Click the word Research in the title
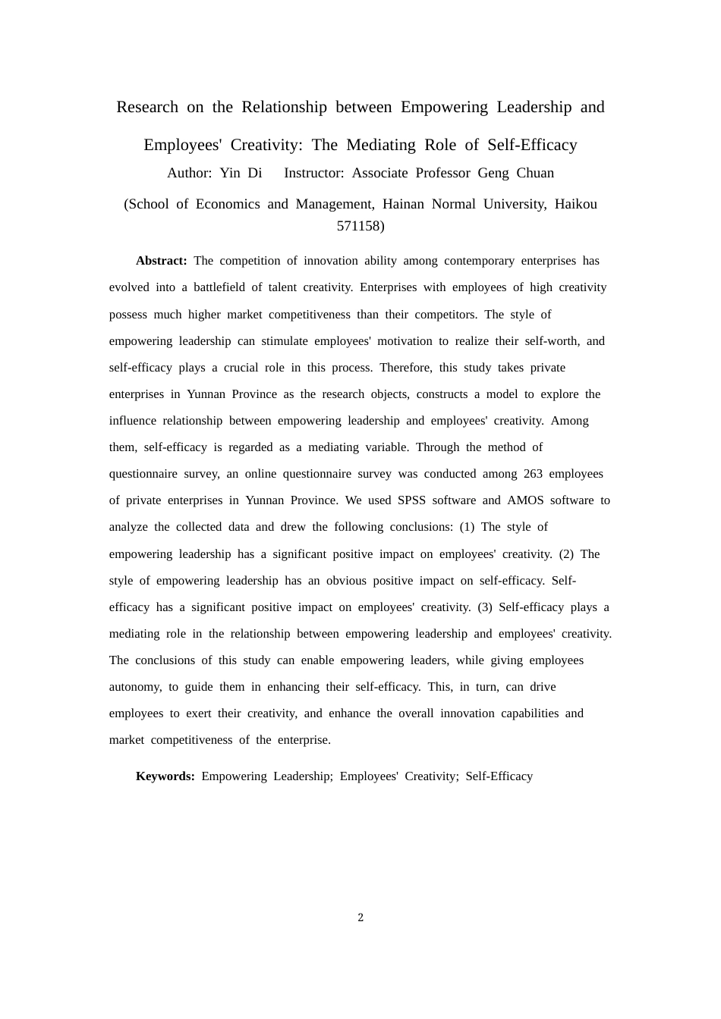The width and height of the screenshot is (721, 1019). (x=147, y=107)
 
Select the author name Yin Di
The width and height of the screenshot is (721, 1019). (x=241, y=173)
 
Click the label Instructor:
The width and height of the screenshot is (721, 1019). (x=314, y=173)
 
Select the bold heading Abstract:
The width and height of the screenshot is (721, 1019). (x=161, y=261)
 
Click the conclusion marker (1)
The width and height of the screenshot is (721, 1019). (x=467, y=527)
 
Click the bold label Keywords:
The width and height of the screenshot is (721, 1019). (x=165, y=776)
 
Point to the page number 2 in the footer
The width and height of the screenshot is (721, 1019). (x=360, y=917)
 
